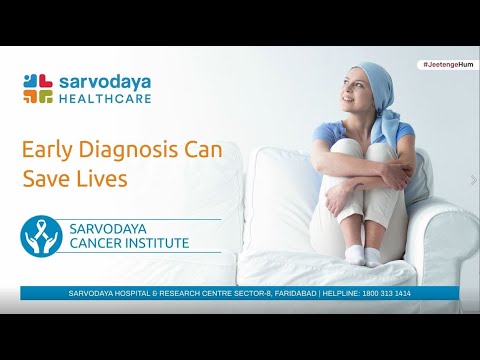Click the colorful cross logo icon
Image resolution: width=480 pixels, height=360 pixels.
tap(39, 88)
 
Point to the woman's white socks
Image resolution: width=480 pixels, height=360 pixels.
tap(362, 255)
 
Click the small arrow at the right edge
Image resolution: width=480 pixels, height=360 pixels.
tap(473, 180)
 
